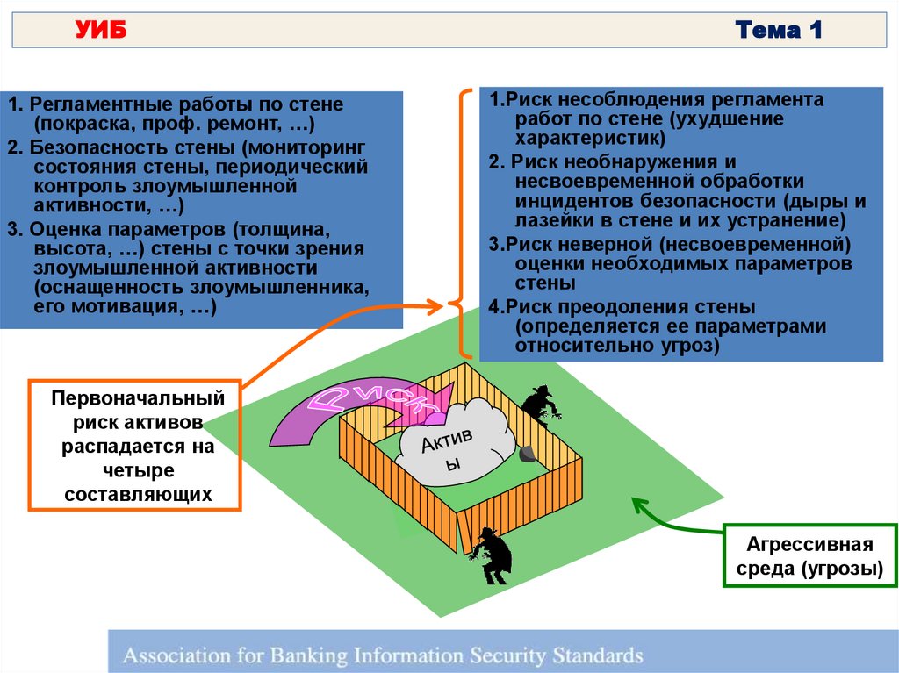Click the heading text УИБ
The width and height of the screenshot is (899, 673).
point(101,32)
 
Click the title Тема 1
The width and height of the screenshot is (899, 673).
point(780,32)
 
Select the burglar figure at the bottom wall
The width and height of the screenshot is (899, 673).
point(490,555)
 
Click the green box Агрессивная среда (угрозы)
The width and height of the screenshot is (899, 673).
point(809,555)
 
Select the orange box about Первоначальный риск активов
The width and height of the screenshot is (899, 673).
point(136,446)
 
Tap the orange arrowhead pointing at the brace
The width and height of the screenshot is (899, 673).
point(435,306)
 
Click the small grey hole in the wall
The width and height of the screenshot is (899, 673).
point(526,453)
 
